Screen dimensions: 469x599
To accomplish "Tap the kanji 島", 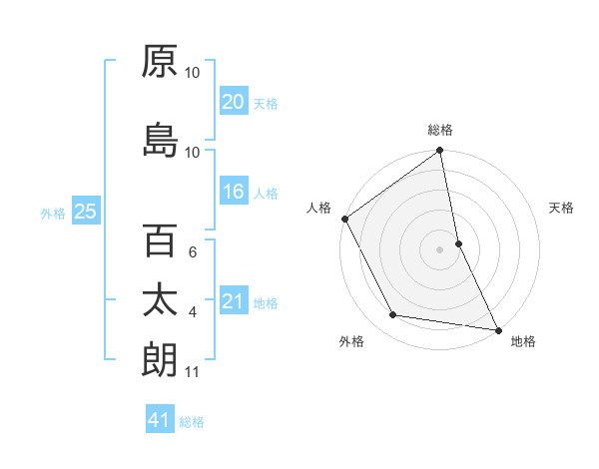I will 160,141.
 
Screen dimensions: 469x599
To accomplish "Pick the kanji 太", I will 160,300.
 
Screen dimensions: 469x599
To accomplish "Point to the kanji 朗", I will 160,360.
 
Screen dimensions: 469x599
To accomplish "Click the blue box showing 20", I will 234,102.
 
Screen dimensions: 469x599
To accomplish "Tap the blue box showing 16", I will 234,192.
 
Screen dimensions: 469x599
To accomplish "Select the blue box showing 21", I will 234,301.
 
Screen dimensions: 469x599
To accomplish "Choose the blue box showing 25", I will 85,212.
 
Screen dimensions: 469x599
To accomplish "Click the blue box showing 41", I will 160,421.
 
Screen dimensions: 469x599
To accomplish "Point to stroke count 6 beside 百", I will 192,252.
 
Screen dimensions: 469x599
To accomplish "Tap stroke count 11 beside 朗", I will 192,372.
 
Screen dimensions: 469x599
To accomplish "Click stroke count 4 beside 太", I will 192,312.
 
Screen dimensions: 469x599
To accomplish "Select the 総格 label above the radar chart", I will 440,130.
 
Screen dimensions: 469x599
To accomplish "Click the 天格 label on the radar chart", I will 562,208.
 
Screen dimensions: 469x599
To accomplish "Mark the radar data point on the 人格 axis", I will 344,219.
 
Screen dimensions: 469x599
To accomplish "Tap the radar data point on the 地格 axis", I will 497,328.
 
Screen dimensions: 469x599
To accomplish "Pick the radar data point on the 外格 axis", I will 392,315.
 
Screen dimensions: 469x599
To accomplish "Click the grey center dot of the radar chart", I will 440,248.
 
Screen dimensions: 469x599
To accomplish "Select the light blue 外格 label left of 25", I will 53,213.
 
